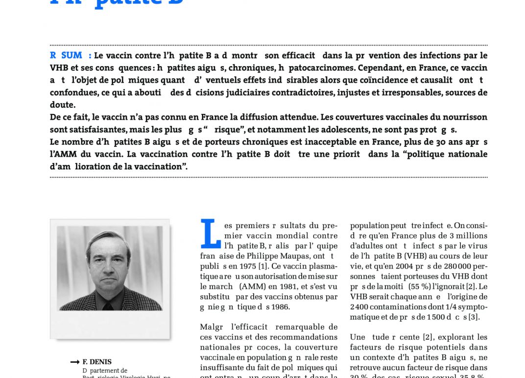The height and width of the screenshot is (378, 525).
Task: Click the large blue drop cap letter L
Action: pyautogui.click(x=210, y=234)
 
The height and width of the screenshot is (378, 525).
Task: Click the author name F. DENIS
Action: pyautogui.click(x=96, y=362)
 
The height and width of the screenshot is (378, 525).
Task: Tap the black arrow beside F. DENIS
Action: pyautogui.click(x=74, y=362)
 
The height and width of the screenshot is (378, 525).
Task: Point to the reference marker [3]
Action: pyautogui.click(x=474, y=317)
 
